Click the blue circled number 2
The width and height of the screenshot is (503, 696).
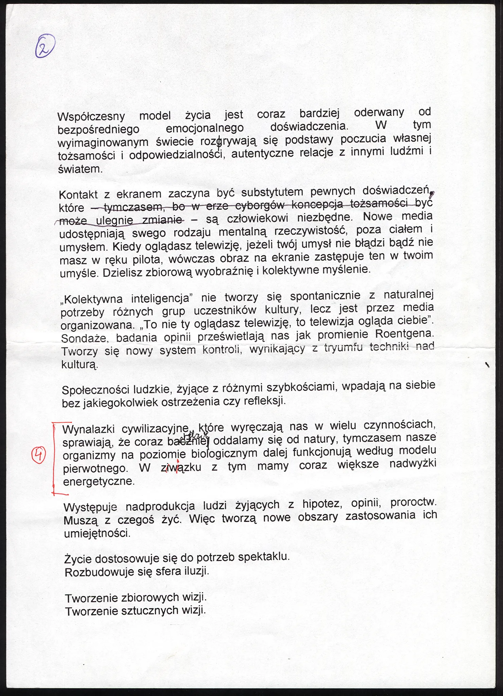click(x=45, y=47)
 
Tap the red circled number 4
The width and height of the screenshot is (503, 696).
click(x=38, y=455)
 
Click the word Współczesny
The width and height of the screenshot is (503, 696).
click(x=91, y=117)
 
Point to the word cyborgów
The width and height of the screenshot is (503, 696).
click(x=260, y=205)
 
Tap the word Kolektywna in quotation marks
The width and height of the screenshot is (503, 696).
click(x=93, y=299)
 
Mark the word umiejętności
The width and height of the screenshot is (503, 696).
click(x=97, y=533)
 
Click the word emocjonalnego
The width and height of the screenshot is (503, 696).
click(x=205, y=128)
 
